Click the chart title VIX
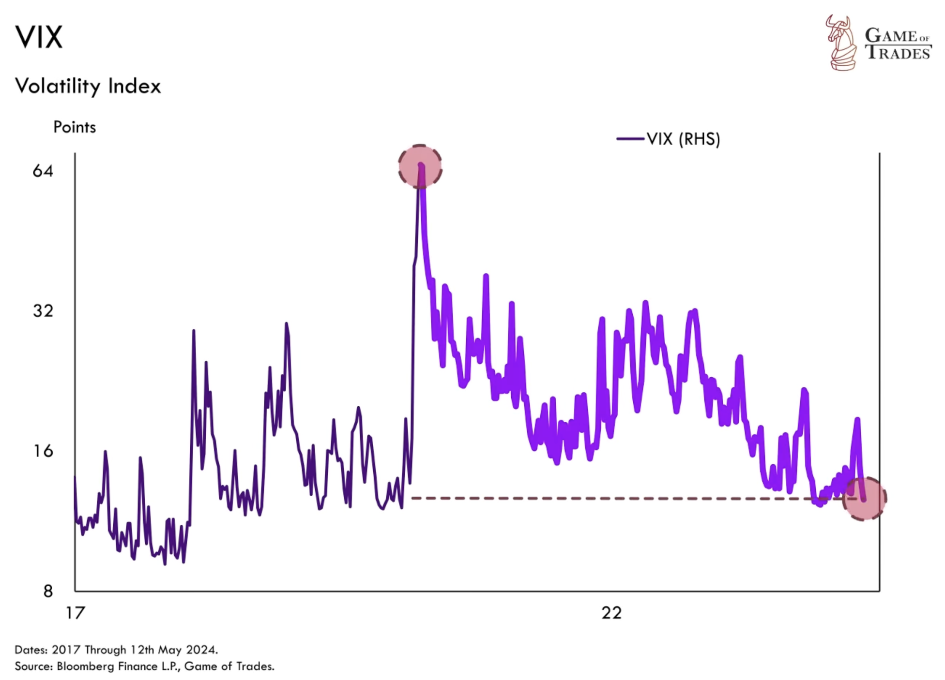[x=39, y=37]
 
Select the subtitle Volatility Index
[x=88, y=86]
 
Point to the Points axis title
[x=75, y=127]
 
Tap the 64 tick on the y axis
[x=43, y=171]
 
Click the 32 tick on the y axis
[x=43, y=310]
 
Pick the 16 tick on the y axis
[x=43, y=451]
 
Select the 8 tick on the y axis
[x=48, y=591]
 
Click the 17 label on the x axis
[x=75, y=613]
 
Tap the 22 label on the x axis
[x=611, y=613]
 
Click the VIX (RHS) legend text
[x=683, y=139]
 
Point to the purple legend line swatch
[x=630, y=139]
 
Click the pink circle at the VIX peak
[x=420, y=166]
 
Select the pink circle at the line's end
[x=864, y=499]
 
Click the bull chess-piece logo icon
[x=841, y=43]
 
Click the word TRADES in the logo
[x=898, y=52]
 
